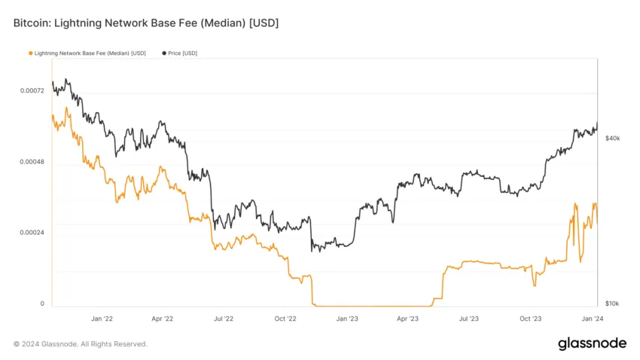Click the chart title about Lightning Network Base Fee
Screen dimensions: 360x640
pyautogui.click(x=146, y=23)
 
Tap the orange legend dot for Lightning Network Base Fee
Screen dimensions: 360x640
pyautogui.click(x=31, y=53)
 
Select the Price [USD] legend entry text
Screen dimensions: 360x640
pyautogui.click(x=182, y=53)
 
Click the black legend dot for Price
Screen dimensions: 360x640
pyautogui.click(x=164, y=53)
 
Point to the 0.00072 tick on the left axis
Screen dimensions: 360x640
pyautogui.click(x=31, y=91)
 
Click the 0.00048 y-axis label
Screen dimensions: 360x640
pyautogui.click(x=31, y=162)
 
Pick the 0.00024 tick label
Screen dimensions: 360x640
pyautogui.click(x=31, y=232)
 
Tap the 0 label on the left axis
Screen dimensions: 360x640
pyautogui.click(x=41, y=303)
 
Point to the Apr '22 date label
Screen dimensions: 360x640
pyautogui.click(x=162, y=319)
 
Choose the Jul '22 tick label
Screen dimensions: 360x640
pyautogui.click(x=223, y=319)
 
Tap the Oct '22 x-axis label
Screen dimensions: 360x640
pyautogui.click(x=285, y=319)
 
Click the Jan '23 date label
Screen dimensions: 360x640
pyautogui.click(x=346, y=319)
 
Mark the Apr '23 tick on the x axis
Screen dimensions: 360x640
pyautogui.click(x=407, y=319)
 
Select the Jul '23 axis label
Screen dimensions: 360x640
pyautogui.click(x=468, y=319)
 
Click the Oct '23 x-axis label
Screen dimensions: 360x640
pyautogui.click(x=531, y=319)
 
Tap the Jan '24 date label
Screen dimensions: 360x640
pyautogui.click(x=592, y=319)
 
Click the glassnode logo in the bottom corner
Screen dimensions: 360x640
pyautogui.click(x=591, y=343)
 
